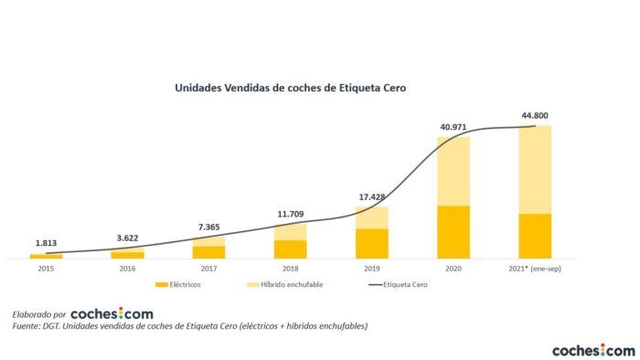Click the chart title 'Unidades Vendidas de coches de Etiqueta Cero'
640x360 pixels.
[x=290, y=89]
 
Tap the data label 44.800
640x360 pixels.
[x=534, y=116]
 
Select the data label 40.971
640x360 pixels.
[x=453, y=125]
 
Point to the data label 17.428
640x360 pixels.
[x=372, y=196]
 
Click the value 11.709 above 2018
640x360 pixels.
[x=291, y=214]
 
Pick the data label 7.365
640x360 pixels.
[x=208, y=227]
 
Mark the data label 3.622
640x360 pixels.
[x=127, y=238]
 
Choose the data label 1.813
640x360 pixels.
[x=46, y=243]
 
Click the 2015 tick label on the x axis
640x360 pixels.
[x=46, y=269]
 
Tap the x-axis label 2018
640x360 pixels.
[x=290, y=269]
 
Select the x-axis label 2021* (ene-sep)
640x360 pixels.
[x=535, y=269]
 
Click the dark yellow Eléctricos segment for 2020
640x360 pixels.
[x=453, y=232]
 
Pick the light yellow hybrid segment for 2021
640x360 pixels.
[x=535, y=169]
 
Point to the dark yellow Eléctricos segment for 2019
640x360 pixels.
[x=372, y=243]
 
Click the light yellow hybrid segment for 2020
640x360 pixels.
[x=453, y=171]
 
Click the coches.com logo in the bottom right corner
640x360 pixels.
[x=592, y=350]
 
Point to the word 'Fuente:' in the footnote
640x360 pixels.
[x=28, y=326]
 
